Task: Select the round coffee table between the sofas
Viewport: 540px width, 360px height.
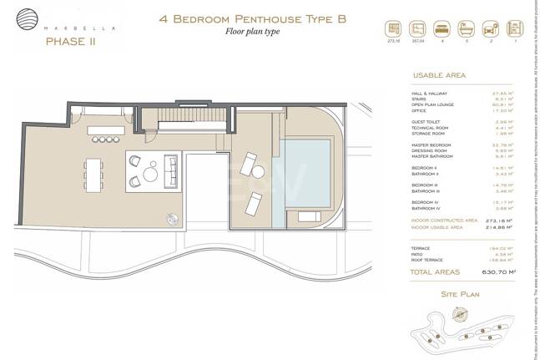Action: click(x=149, y=173)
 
